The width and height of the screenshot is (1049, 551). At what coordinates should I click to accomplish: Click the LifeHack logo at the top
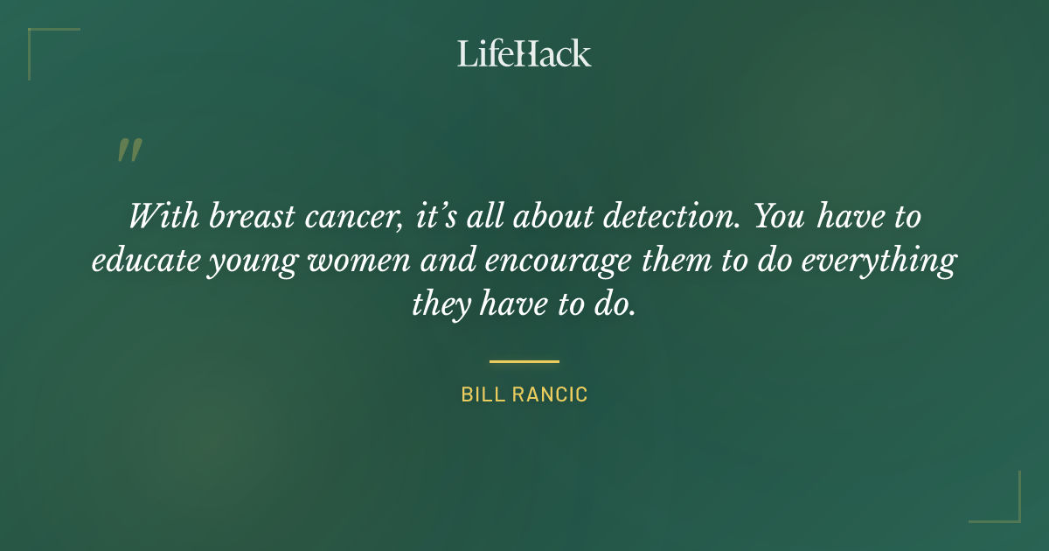click(x=524, y=53)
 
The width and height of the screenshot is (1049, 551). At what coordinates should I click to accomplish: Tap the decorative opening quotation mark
click(x=129, y=151)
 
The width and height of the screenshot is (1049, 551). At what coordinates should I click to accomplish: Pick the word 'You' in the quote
click(x=780, y=216)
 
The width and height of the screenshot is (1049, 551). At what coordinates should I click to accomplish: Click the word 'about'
click(x=550, y=216)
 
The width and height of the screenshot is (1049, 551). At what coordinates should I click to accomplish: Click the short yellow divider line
click(x=524, y=360)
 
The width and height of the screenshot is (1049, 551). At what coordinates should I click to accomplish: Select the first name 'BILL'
click(x=479, y=395)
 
